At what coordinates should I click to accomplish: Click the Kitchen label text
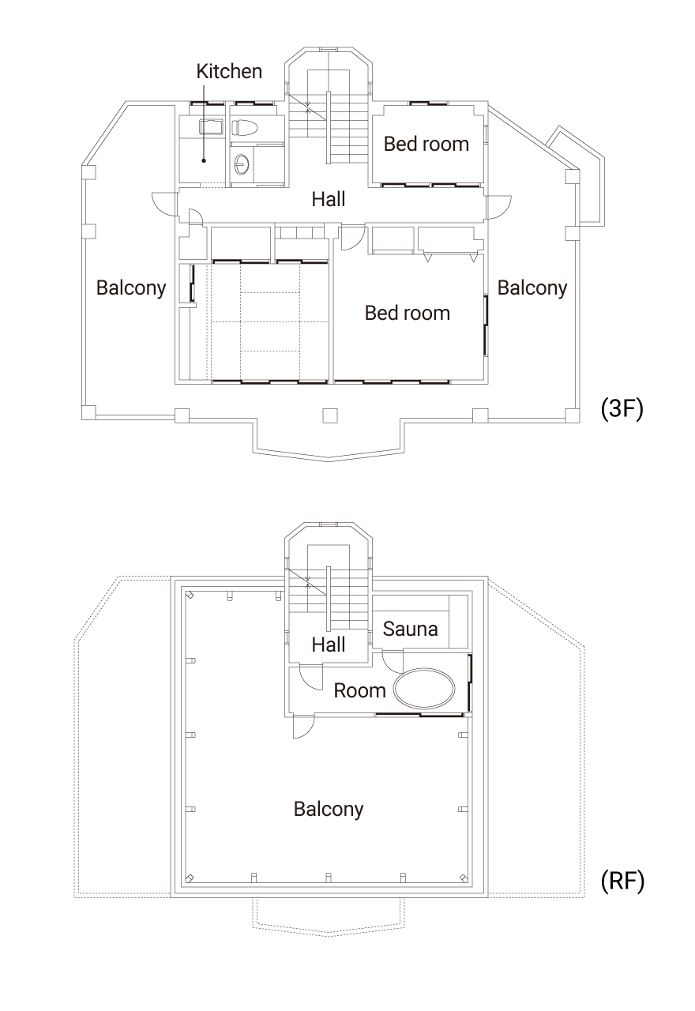click(x=229, y=71)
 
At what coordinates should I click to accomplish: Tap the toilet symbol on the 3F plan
click(x=244, y=127)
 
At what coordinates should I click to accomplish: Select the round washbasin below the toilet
click(x=242, y=164)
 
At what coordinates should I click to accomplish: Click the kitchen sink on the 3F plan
click(x=211, y=127)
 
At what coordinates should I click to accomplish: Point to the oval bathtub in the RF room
click(x=424, y=688)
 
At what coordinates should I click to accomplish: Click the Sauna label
click(x=410, y=629)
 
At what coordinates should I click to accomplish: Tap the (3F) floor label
click(x=622, y=409)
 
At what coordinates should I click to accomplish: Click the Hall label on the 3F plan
click(x=329, y=199)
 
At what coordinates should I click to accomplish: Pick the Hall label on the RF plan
click(x=329, y=645)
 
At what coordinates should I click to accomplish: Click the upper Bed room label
click(x=426, y=144)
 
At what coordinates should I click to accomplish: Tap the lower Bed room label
click(x=408, y=313)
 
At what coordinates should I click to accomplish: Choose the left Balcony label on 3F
click(x=131, y=288)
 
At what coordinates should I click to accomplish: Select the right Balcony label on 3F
click(x=532, y=288)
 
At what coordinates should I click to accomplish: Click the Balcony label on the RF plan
click(x=329, y=810)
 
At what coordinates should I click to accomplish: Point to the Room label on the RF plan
click(x=359, y=690)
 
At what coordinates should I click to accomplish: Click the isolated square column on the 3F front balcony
click(x=330, y=415)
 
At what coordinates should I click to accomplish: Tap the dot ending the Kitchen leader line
click(x=204, y=160)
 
